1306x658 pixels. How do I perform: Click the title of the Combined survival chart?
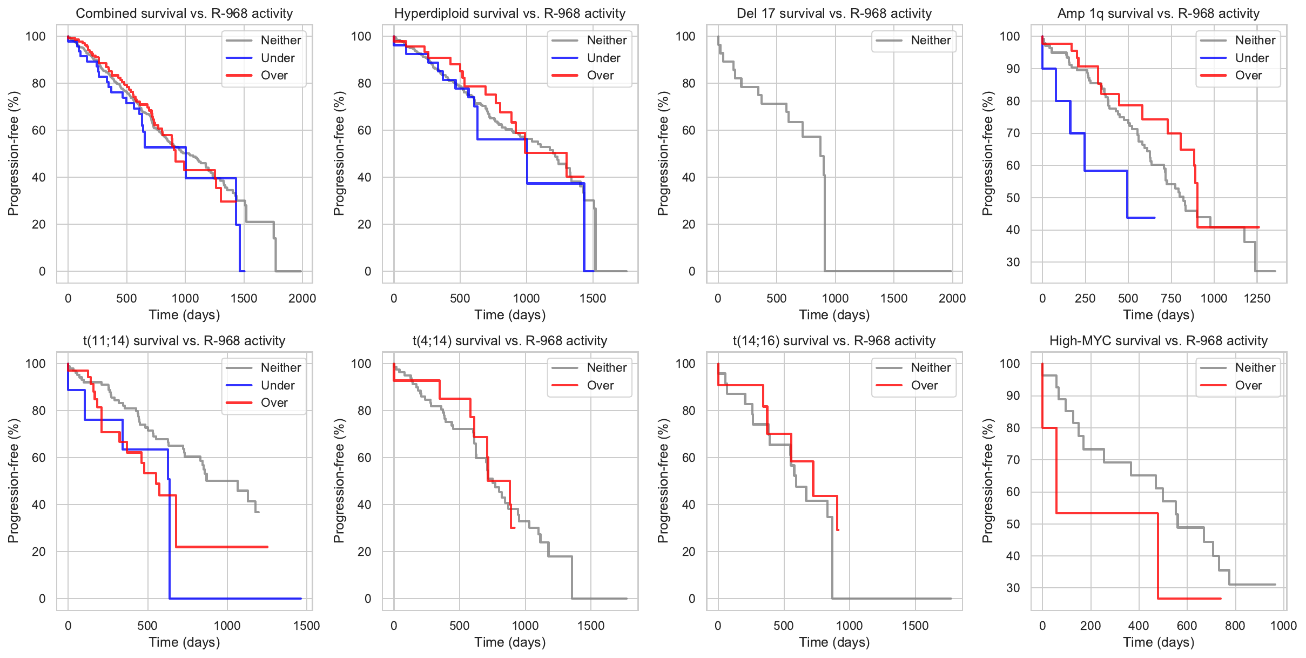coord(184,14)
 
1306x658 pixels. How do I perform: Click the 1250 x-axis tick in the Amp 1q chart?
coord(1257,298)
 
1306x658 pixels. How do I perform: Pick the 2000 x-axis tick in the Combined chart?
coord(302,298)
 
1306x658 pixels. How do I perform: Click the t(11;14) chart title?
coord(184,341)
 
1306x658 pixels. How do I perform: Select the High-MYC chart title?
coord(1158,341)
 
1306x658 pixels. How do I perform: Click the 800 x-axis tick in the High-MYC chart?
coord(1235,626)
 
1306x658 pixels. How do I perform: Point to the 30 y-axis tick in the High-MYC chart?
coord(1013,588)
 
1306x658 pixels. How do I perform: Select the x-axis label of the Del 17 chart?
coord(834,315)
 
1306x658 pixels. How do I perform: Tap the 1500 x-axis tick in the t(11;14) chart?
coord(306,626)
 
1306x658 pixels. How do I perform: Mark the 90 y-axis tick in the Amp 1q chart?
coord(1013,69)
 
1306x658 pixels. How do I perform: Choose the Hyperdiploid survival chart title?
coord(509,14)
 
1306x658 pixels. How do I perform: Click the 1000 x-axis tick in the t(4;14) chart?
coord(525,626)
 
